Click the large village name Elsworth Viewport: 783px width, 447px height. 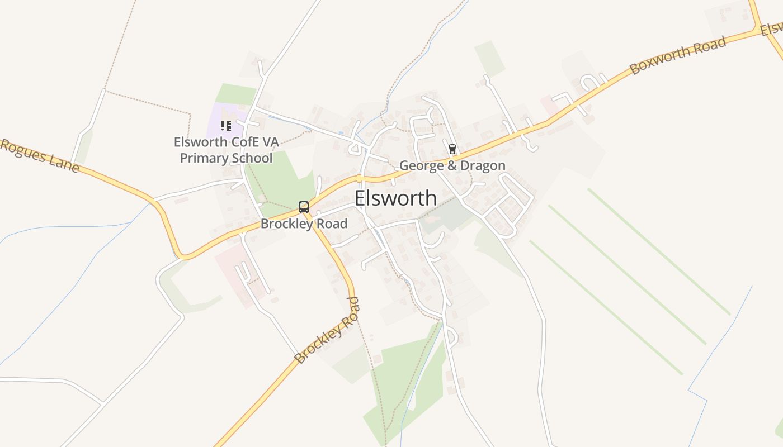point(395,198)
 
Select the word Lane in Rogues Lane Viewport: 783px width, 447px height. point(64,164)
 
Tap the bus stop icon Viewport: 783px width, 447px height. point(303,207)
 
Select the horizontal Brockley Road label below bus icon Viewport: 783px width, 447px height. point(304,224)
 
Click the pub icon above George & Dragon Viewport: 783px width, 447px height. point(452,149)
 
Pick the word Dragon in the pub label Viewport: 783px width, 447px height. point(484,165)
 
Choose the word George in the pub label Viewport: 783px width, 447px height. point(421,165)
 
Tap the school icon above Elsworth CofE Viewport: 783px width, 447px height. point(225,126)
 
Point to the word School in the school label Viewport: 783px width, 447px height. point(251,158)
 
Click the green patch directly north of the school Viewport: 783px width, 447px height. point(235,94)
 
